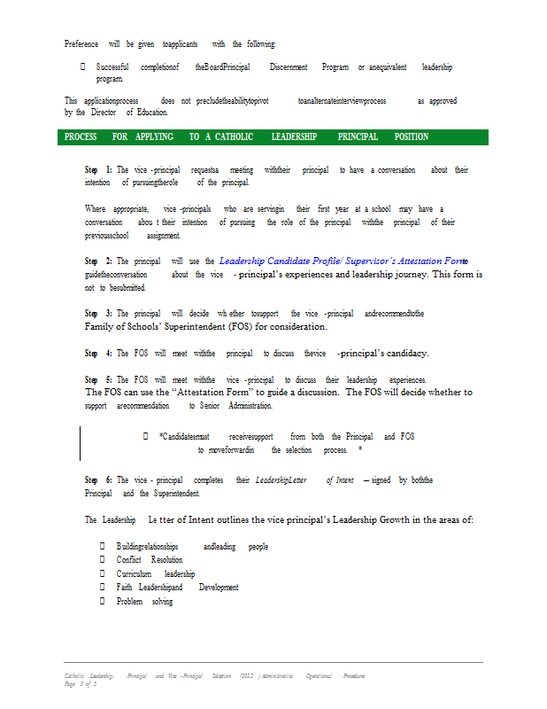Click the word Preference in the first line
81,43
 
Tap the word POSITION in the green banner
412,137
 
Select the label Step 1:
98,169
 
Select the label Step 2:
98,261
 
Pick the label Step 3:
98,314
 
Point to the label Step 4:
98,353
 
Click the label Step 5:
98,379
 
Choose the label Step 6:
98,479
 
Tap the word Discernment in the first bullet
289,67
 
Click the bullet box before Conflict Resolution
103,560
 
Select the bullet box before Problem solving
103,602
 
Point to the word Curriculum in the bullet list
134,573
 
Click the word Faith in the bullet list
124,588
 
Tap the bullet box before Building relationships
103,547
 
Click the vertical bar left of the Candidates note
81,443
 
